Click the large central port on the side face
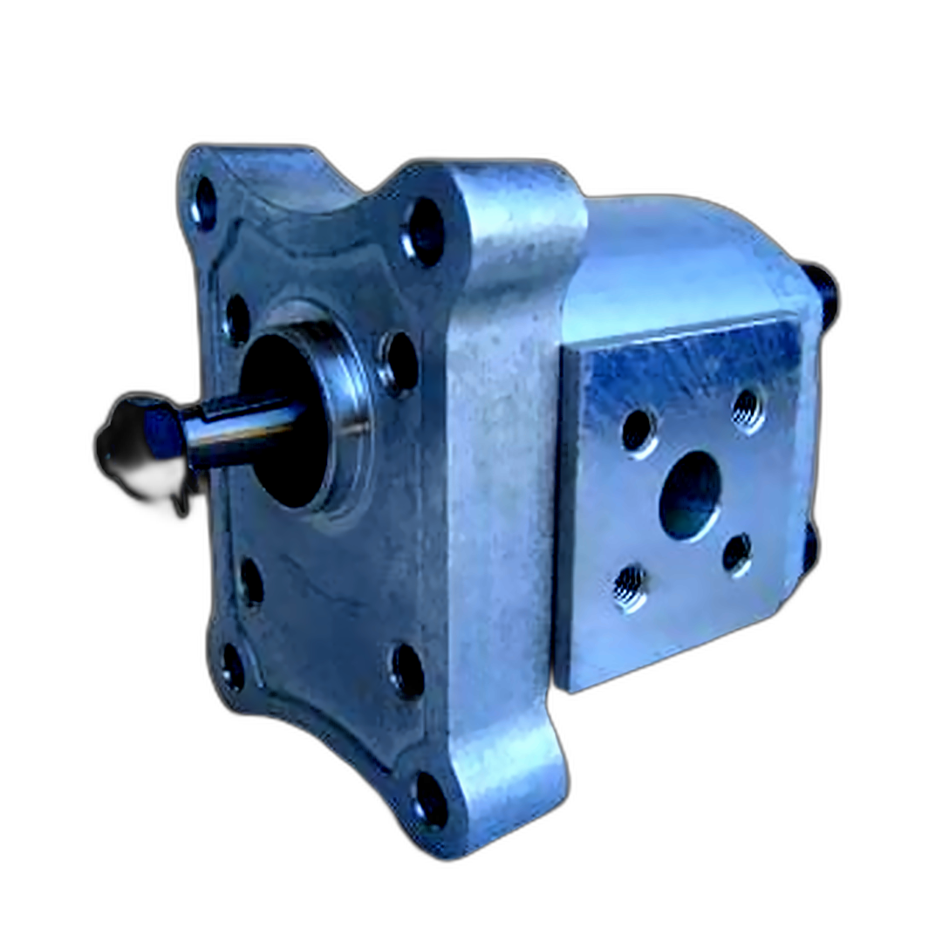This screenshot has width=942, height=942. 690,495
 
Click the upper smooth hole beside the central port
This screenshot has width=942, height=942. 638,431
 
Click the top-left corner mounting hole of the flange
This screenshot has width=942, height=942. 206,203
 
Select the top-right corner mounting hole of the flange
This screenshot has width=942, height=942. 426,231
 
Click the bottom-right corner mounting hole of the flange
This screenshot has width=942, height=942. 431,799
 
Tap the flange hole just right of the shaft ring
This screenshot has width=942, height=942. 400,361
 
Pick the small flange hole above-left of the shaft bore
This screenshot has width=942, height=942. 237,319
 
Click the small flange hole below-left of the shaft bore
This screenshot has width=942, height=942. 251,582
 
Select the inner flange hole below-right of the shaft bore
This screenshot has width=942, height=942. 406,670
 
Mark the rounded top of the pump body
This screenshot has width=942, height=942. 689,253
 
